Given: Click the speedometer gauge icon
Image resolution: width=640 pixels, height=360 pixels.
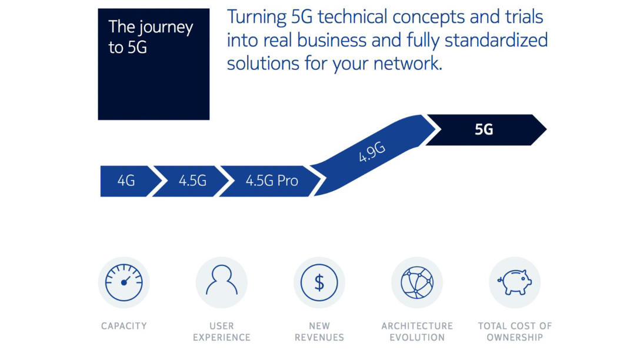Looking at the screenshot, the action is pos(124,282).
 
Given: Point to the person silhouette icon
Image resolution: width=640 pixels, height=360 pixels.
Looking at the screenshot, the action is pos(222,280).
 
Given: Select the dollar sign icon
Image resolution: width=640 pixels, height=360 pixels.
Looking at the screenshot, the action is pos(319,282).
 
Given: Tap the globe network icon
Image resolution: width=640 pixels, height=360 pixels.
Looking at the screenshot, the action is pos(416,282).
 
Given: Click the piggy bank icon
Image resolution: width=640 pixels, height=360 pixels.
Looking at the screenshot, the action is pos(515,282).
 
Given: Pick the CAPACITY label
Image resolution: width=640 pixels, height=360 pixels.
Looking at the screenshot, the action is pos(124,326).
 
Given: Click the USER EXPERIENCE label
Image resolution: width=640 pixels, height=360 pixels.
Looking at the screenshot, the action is pos(222,332).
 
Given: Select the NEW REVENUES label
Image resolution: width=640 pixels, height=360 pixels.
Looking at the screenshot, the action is pos(319,332).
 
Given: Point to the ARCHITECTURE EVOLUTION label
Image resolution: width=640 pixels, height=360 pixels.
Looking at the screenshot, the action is pos(417,332).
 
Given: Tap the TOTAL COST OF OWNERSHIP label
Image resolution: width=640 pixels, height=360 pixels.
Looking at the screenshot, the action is pos(515,332).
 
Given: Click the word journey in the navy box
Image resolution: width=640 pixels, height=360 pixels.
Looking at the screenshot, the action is pos(166,28).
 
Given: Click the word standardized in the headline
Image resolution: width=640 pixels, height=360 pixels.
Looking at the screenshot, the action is pos(496,41).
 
